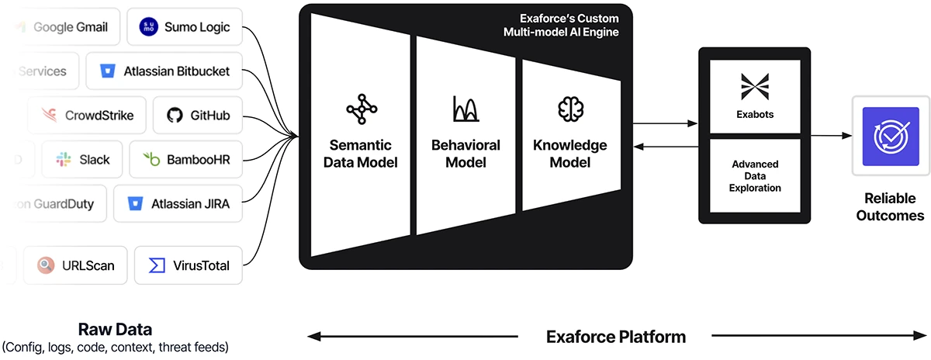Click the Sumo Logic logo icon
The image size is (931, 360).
click(147, 27)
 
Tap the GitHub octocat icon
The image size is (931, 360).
click(175, 116)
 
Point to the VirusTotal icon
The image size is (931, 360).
click(157, 265)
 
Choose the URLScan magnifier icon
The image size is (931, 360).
click(46, 265)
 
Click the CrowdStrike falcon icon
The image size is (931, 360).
click(49, 116)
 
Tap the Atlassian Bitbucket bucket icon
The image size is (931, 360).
click(107, 71)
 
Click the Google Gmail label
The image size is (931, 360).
click(71, 27)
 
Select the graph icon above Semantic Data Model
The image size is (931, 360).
click(361, 109)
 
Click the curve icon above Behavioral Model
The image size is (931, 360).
click(465, 109)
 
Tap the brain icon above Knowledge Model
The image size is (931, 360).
click(570, 109)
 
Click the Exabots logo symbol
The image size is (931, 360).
click(754, 86)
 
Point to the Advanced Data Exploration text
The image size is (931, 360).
click(755, 176)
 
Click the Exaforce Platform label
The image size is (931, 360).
click(616, 337)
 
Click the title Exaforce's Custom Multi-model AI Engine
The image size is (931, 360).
click(563, 25)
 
